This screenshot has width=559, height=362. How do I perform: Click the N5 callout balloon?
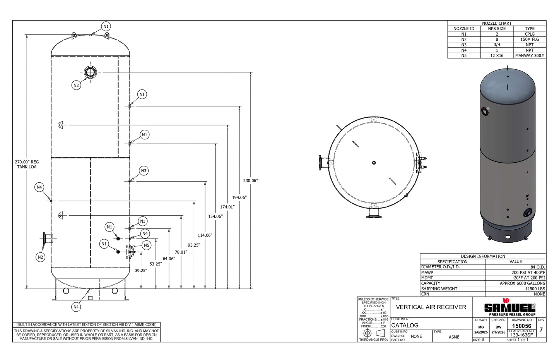[146, 245]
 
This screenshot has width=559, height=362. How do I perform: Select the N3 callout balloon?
[144, 171]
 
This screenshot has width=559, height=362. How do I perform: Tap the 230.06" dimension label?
[250, 181]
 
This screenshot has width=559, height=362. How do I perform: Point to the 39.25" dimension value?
[141, 271]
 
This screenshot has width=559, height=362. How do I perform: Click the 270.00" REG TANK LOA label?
[27, 165]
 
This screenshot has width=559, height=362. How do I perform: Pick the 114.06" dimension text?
[205, 235]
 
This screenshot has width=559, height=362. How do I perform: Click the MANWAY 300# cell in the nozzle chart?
[530, 56]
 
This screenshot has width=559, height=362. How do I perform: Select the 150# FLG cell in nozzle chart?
[530, 39]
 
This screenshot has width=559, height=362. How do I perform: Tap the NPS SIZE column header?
[497, 29]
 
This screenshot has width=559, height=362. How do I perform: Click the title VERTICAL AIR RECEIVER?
[431, 307]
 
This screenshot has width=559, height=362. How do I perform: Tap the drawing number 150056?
[521, 326]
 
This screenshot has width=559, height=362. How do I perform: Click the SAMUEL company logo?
[509, 307]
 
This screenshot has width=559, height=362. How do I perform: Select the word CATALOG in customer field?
[405, 325]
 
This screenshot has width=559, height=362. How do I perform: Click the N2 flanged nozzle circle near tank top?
[90, 72]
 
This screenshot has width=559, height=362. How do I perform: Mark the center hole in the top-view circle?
[374, 163]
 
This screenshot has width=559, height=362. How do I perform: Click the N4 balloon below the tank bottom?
[76, 307]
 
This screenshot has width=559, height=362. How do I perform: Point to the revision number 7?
[541, 330]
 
